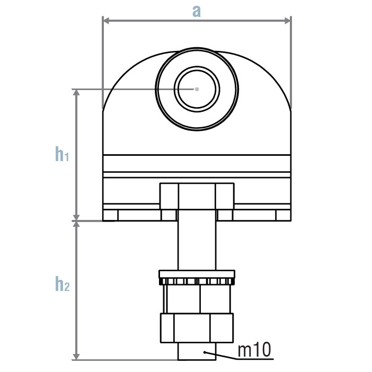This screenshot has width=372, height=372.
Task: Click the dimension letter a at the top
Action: pos(197,11)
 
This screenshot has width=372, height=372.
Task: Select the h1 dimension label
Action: pos(62,154)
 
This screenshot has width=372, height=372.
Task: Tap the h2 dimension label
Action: pos(62,285)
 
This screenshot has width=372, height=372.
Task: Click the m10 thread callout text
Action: pos(254,350)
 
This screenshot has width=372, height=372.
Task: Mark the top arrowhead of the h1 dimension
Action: pos(76,92)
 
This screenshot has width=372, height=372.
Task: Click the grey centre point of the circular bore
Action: pos(197,88)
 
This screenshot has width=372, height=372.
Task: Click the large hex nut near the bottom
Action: pos(197,328)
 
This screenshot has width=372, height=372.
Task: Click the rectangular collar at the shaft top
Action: pos(197,196)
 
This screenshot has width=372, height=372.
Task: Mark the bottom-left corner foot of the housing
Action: pos(110,215)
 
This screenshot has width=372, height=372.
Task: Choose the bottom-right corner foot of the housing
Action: pos(283,215)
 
